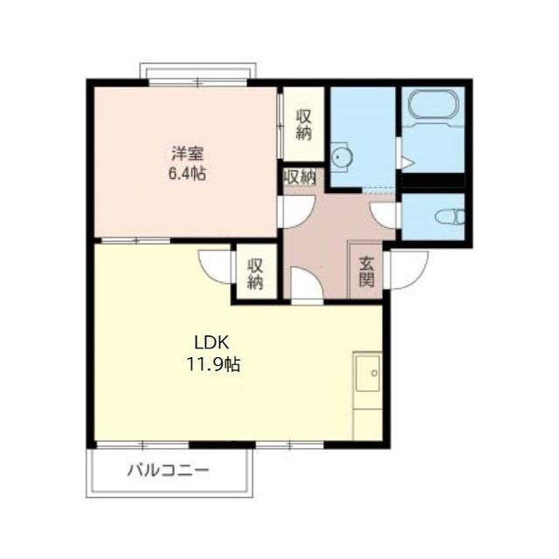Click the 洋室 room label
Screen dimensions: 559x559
pos(188,154)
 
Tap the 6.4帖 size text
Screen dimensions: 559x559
pos(187,174)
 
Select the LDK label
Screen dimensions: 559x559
pos(211,342)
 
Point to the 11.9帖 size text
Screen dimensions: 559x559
pos(213,364)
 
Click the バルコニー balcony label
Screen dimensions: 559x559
pos(169,471)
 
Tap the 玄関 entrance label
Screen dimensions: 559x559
pos(367,272)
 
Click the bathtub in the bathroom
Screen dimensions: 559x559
pos(433,104)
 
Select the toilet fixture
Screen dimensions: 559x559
pos(451,217)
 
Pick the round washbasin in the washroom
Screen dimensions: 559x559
pos(341,157)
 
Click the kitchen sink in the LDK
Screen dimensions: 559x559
pos(369,373)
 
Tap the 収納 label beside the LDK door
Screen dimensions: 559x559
pos(256,273)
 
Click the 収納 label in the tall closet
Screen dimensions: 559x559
pos(304,125)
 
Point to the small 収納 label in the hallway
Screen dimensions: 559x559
pos(300,176)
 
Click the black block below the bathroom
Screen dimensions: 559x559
pos(433,181)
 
